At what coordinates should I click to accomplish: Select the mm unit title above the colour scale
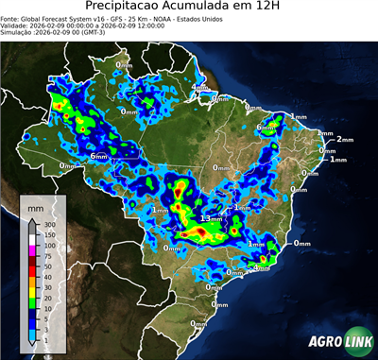35,205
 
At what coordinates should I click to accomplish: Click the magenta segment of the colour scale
32,250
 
